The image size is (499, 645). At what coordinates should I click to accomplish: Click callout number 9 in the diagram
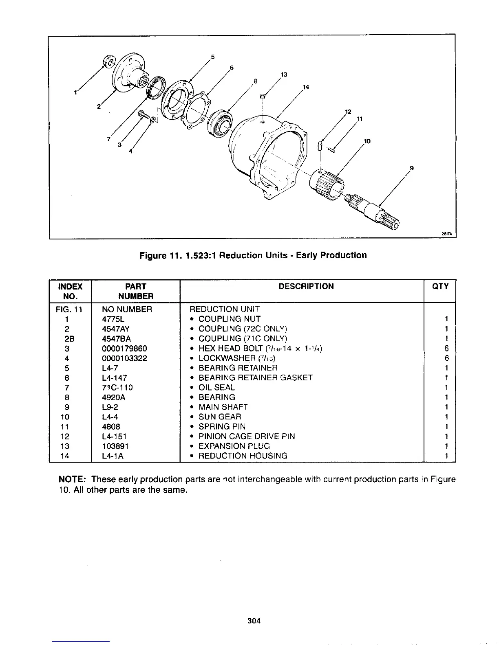pos(412,167)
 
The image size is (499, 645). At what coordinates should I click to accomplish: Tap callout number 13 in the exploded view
pos(284,75)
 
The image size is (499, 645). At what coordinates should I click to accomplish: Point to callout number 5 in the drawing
pos(212,57)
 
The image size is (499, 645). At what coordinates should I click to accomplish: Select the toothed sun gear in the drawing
pos(328,184)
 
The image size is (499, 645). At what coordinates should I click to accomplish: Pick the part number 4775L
pos(111,319)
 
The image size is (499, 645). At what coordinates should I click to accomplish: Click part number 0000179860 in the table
pos(124,349)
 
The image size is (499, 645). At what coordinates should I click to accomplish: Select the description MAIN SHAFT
pos(223,407)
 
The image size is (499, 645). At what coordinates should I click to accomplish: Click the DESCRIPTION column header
pos(306,286)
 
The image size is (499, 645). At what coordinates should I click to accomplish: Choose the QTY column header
pos(440,286)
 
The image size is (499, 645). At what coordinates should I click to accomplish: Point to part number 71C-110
pos(117,387)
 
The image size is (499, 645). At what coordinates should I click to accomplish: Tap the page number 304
pos(254,621)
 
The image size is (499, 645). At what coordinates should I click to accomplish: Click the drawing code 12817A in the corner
pos(446,234)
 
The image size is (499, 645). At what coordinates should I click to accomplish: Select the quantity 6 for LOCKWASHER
pos(447,358)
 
